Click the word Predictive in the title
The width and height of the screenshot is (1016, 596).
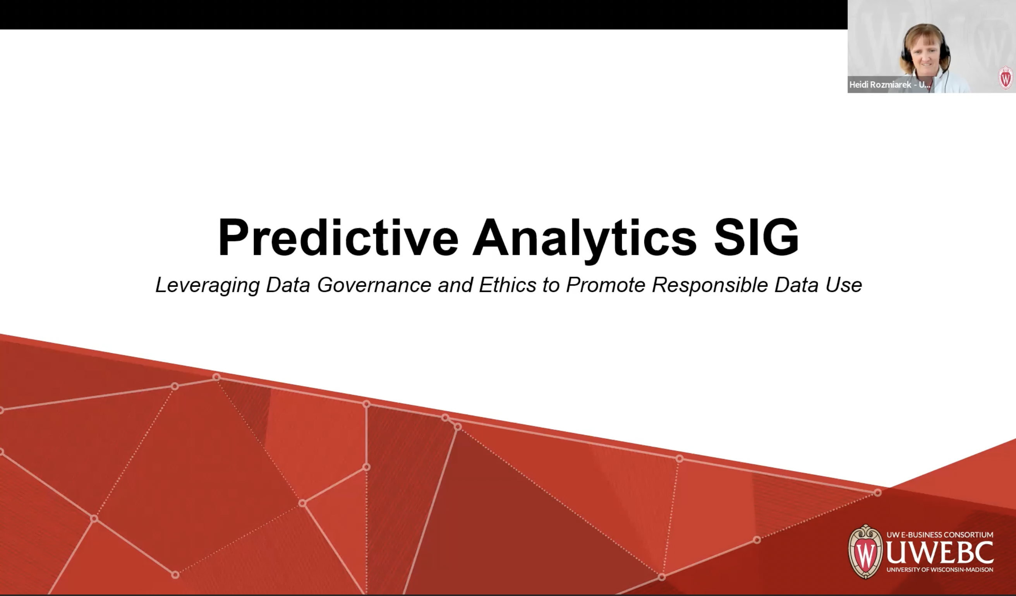click(x=338, y=238)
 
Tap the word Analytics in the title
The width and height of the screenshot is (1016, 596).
click(x=584, y=238)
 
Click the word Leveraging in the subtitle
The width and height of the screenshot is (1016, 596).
click(x=207, y=285)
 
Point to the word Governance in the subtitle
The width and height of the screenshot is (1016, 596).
click(x=374, y=285)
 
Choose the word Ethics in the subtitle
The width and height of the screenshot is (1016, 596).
click(x=508, y=285)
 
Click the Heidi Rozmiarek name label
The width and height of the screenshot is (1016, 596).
click(x=889, y=85)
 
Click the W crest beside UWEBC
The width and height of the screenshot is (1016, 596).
click(x=865, y=552)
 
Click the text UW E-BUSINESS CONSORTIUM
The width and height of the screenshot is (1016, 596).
click(x=940, y=535)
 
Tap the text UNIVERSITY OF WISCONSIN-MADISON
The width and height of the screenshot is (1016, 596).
click(x=940, y=570)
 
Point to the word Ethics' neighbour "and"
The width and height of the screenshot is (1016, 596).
click(x=455, y=285)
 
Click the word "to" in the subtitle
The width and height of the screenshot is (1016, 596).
click(x=551, y=285)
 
